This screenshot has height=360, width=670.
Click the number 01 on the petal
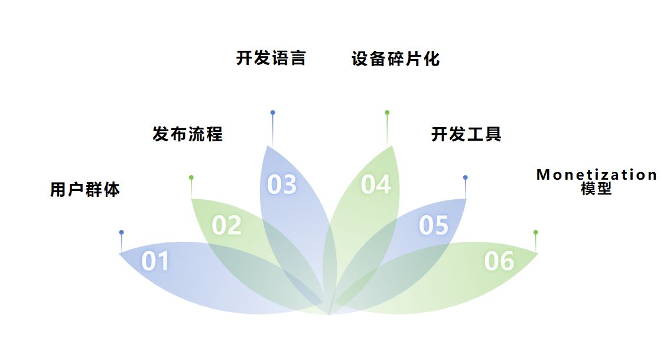point(155,261)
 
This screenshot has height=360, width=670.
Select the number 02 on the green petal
point(227,225)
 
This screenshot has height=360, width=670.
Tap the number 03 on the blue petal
point(282,184)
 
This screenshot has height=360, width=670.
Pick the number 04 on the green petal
point(376,184)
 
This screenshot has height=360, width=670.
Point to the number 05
point(434,225)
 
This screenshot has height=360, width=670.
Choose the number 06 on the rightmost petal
point(499,261)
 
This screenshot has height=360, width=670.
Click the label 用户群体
point(85,190)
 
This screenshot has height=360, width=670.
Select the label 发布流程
point(188,134)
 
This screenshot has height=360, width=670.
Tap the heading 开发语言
point(271,59)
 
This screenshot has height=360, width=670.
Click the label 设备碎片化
point(396,59)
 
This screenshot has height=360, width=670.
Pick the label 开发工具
point(467,134)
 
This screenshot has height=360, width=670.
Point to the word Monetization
point(597,175)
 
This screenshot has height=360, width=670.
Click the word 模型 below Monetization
point(596,189)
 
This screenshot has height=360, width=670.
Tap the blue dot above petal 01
point(122,232)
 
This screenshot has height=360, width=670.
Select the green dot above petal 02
point(191,177)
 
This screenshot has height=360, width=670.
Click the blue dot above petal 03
point(272,112)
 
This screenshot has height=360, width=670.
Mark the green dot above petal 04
point(387,112)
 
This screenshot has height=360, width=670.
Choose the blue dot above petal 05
point(466,177)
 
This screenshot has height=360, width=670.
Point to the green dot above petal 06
point(535,232)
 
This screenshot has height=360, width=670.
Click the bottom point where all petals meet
point(329,313)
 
